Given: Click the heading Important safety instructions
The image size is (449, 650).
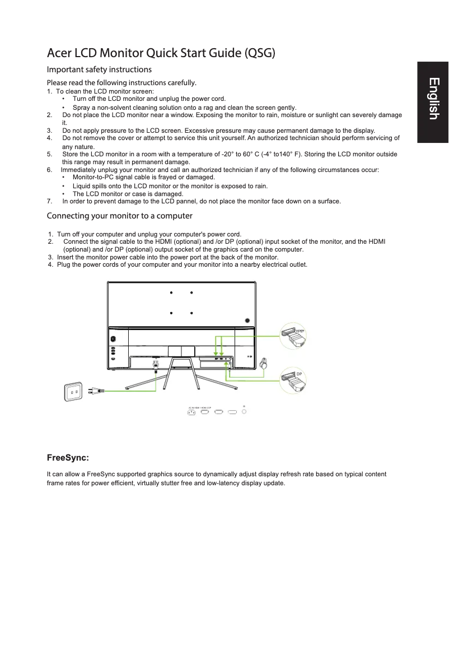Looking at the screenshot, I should (99, 70).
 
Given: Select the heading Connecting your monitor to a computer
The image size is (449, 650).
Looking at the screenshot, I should (119, 216).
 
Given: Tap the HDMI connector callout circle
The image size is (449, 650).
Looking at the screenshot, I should (294, 336).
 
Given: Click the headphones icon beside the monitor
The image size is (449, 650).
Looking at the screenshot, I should (264, 364).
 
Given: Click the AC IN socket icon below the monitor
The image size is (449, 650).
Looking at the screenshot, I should (191, 413).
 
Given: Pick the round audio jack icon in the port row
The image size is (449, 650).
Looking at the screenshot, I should (244, 412).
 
